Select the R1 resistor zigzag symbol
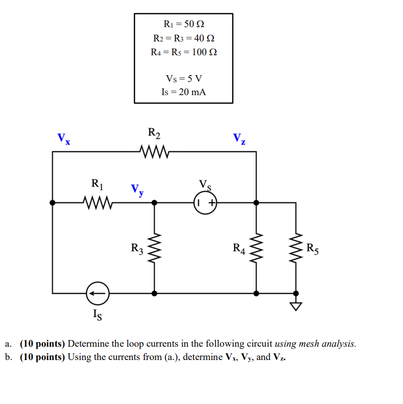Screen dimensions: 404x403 (x=97, y=203)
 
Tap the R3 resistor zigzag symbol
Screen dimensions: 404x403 (x=154, y=248)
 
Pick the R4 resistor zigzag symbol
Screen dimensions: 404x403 (x=256, y=248)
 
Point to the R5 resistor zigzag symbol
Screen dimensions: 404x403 (x=296, y=248)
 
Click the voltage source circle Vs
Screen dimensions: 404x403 (x=205, y=203)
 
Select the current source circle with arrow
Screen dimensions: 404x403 (x=97, y=294)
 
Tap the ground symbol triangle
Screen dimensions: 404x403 (x=296, y=306)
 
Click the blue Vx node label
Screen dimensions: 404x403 (x=64, y=138)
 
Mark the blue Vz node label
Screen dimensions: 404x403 (x=239, y=138)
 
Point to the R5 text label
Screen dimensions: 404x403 (x=313, y=250)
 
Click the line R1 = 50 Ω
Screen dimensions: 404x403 (x=183, y=24)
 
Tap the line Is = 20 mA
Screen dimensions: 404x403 (x=183, y=92)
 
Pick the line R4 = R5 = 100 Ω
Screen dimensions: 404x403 (x=183, y=52)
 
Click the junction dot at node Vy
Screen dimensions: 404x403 (x=154, y=203)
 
